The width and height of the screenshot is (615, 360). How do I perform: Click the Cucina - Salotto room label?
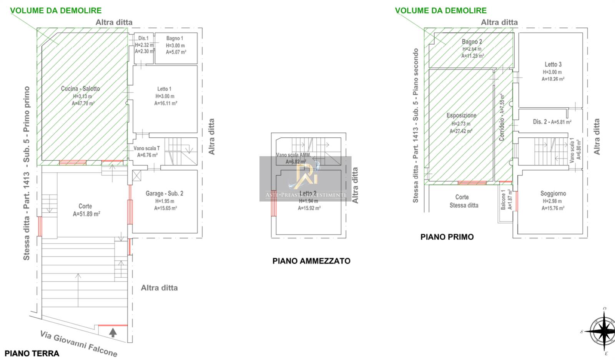click(80, 88)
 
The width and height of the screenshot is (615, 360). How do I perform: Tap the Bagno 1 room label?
click(175, 38)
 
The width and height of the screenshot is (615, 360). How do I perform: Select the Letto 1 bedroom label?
click(164, 89)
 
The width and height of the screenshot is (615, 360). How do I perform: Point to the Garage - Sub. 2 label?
click(164, 193)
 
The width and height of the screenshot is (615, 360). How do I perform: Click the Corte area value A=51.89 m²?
click(86, 214)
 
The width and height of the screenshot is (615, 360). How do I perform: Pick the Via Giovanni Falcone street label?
click(78, 343)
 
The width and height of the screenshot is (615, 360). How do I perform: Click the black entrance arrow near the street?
click(113, 332)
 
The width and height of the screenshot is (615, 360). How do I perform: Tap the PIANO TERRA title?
click(32, 353)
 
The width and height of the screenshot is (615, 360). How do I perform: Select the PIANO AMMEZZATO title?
click(311, 261)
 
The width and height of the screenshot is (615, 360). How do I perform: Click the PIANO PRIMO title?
click(447, 237)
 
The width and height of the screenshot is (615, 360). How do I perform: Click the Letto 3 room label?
click(553, 64)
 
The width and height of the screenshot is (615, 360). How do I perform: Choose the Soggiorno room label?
click(553, 193)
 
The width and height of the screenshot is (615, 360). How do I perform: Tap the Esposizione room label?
click(461, 115)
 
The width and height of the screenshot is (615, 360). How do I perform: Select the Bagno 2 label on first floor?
click(472, 42)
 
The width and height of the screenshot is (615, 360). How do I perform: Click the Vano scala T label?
click(146, 148)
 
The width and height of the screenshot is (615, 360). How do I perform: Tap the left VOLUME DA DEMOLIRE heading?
click(56, 10)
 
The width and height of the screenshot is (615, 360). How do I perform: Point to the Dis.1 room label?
click(143, 38)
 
